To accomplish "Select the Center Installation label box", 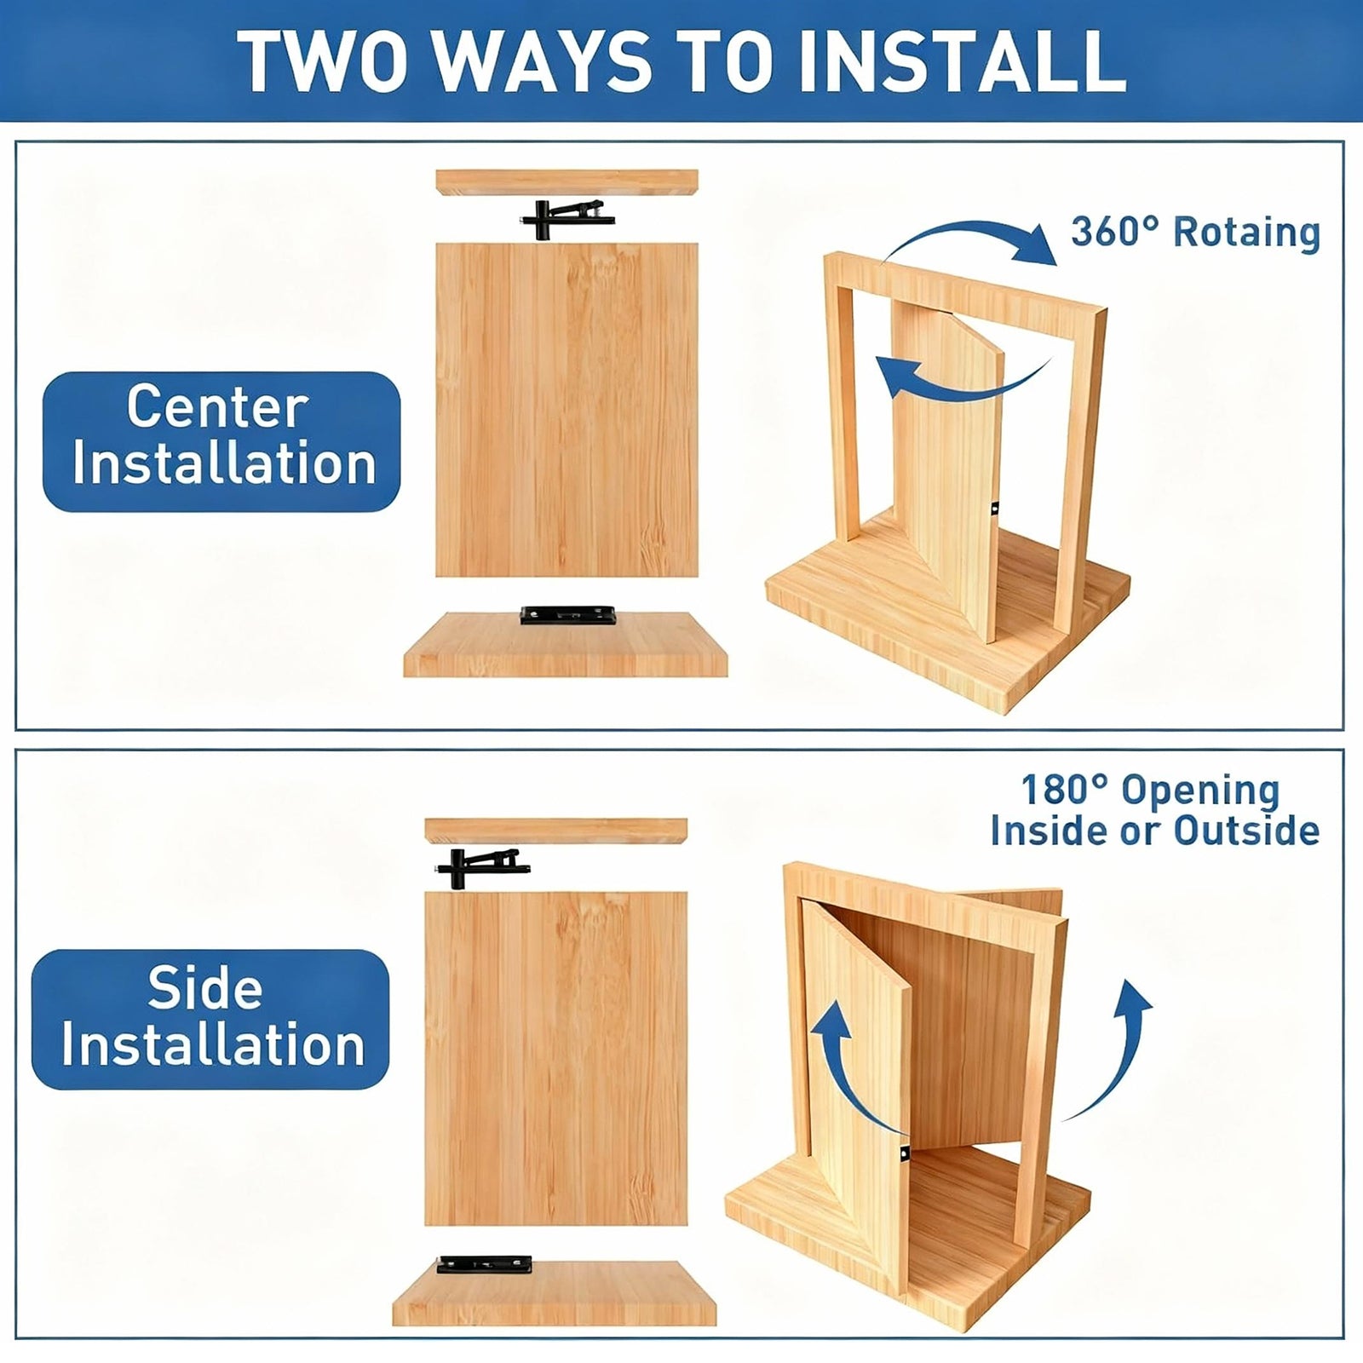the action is pyautogui.click(x=221, y=441).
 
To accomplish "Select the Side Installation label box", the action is pyautogui.click(x=210, y=1019).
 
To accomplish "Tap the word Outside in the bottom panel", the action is pyautogui.click(x=1247, y=831).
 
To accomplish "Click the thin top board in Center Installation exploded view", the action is pyautogui.click(x=566, y=181).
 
